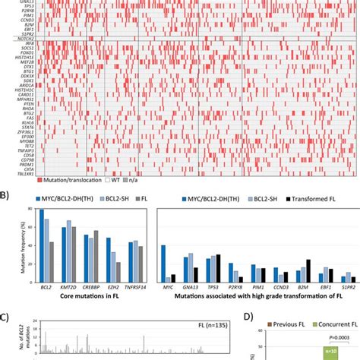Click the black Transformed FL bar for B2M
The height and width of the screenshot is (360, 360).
coord(308,270)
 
